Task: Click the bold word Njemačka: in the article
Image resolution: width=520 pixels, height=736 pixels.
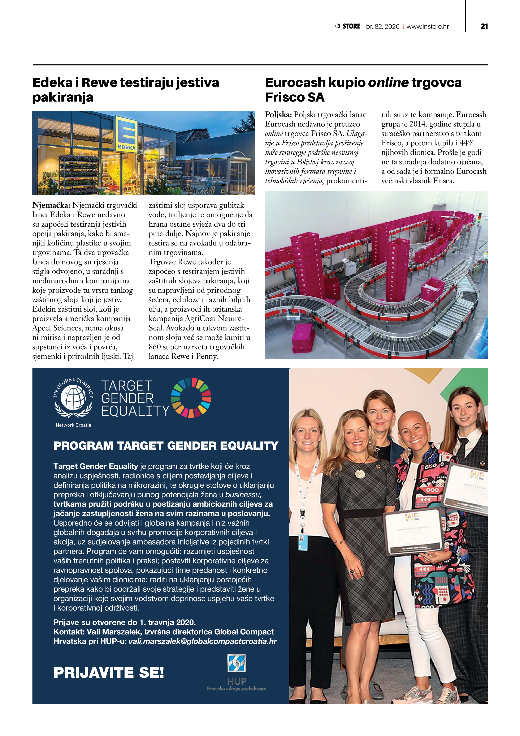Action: (x=51, y=205)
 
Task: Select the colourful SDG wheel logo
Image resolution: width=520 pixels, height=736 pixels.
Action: (x=191, y=398)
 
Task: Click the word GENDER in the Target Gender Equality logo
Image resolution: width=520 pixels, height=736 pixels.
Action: (x=127, y=398)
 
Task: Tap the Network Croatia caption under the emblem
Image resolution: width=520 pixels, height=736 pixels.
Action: (x=73, y=425)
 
